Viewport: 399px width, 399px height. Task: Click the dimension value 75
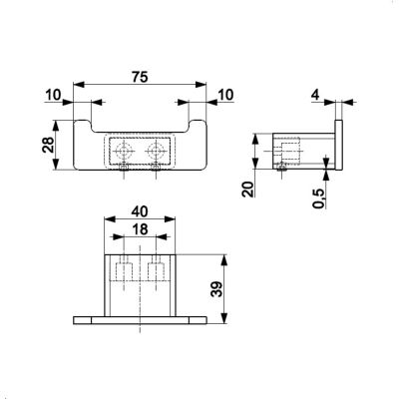140,77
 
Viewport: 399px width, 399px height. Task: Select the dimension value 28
48,145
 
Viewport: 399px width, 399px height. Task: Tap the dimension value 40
140,211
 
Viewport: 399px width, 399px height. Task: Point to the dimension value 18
140,229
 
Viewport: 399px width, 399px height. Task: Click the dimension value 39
217,288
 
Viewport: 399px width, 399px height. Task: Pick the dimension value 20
248,190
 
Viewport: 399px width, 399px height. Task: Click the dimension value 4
315,95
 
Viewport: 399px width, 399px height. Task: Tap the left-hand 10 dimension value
53,95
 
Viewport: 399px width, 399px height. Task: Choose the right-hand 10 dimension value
225,95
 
